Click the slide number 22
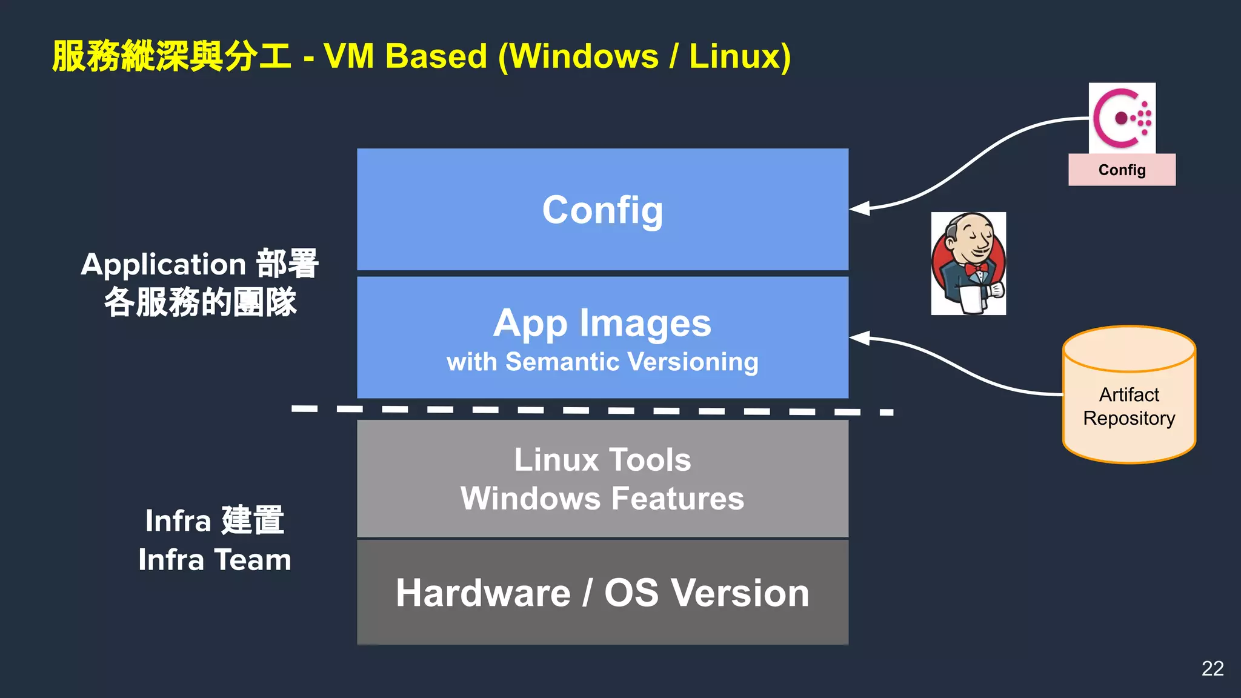(1213, 668)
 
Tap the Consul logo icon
(1122, 118)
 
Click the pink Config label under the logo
(1122, 170)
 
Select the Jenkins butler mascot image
(968, 263)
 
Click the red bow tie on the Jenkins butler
(976, 268)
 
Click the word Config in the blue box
(602, 210)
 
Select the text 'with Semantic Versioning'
(602, 362)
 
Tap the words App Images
(602, 323)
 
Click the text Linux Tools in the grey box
(602, 459)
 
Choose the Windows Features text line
(602, 499)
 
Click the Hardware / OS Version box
(602, 593)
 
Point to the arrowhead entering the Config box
(860, 208)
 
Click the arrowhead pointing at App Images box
(860, 338)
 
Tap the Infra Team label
(215, 559)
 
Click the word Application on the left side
(164, 265)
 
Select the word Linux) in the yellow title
(740, 56)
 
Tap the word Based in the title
(436, 56)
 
